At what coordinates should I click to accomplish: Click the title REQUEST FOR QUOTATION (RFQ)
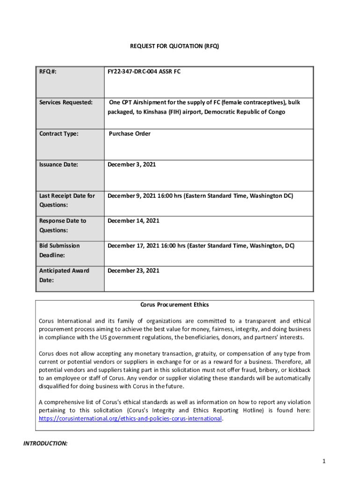pyautogui.click(x=174, y=46)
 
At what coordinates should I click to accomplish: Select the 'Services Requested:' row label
pyautogui.click(x=65, y=102)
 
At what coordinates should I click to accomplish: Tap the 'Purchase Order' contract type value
pyautogui.click(x=130, y=134)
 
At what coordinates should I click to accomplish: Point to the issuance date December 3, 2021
pyautogui.click(x=132, y=165)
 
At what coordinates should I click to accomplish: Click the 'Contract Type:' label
pyautogui.click(x=59, y=134)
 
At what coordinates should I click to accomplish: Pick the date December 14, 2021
pyautogui.click(x=133, y=221)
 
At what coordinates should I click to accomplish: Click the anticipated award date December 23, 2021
pyautogui.click(x=133, y=270)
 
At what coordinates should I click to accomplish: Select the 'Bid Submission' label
pyautogui.click(x=59, y=246)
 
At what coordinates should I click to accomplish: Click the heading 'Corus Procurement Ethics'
pyautogui.click(x=175, y=305)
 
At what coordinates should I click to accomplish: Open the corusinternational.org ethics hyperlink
pyautogui.click(x=130, y=419)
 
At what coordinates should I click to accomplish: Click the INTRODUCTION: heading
pyautogui.click(x=46, y=443)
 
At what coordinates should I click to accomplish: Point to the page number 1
pyautogui.click(x=323, y=462)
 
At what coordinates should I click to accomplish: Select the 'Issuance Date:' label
pyautogui.click(x=58, y=165)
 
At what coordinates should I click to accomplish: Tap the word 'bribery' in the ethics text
pyautogui.click(x=261, y=370)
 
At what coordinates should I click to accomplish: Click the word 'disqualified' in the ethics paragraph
pyautogui.click(x=55, y=386)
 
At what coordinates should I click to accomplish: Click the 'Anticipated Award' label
pyautogui.click(x=64, y=270)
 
